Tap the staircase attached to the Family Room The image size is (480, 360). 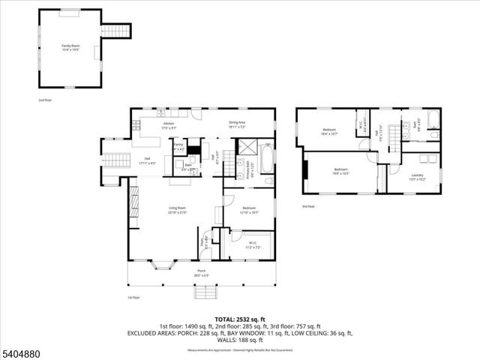pyautogui.click(x=115, y=31)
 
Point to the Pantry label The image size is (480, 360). pyautogui.click(x=178, y=147)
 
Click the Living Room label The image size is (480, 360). pyautogui.click(x=177, y=210)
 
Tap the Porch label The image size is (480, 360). pyautogui.click(x=201, y=272)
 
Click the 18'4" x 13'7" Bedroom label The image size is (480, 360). pyautogui.click(x=329, y=132)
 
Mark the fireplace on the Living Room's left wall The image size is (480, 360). pyautogui.click(x=134, y=202)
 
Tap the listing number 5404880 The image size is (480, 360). pyautogui.click(x=22, y=351)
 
